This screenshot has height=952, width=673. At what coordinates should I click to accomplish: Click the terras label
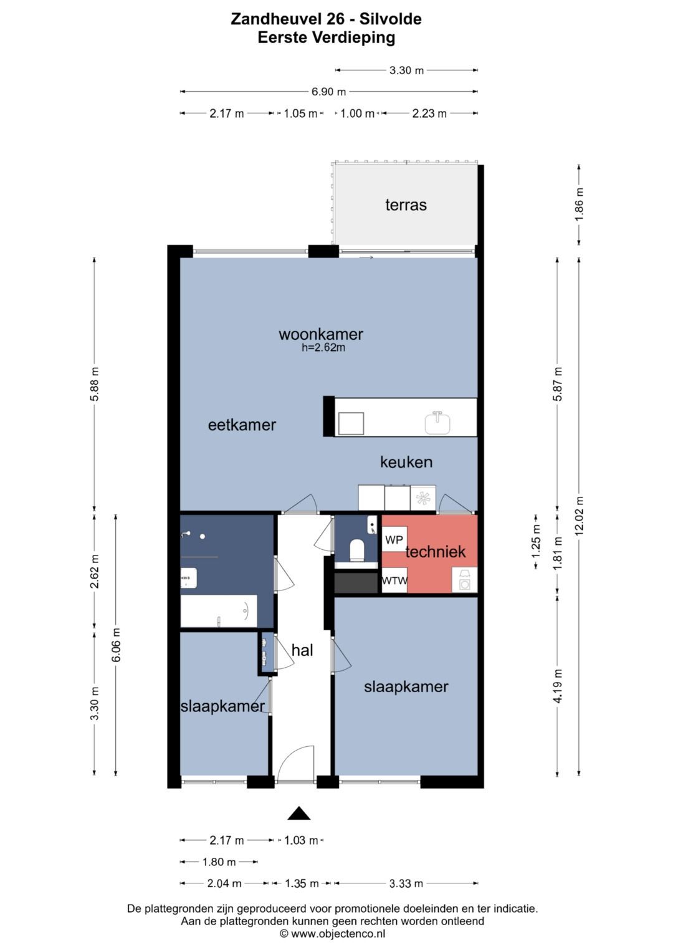tap(406, 205)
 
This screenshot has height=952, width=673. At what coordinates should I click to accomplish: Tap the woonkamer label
tap(321, 334)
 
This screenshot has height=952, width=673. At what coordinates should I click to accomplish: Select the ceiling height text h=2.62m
tap(323, 348)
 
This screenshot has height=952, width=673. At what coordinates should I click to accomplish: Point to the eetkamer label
tap(242, 425)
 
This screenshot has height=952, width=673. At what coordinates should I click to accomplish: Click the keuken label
tap(406, 462)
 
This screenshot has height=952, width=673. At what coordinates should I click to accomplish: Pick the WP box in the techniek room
tap(394, 539)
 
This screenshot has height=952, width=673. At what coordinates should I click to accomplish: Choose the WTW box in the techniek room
tap(394, 580)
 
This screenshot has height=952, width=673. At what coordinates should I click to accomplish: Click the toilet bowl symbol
tap(356, 551)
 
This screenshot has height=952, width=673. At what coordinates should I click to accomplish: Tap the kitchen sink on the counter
tap(437, 423)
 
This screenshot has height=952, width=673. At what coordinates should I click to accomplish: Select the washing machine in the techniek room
tap(464, 580)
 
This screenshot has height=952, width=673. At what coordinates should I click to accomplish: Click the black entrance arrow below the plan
tap(298, 813)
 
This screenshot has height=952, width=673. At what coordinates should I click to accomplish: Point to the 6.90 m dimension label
tap(328, 92)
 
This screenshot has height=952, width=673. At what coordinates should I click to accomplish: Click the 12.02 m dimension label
tap(580, 516)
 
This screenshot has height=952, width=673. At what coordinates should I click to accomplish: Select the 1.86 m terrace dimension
tap(580, 204)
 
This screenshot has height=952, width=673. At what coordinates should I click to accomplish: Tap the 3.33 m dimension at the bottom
tap(406, 883)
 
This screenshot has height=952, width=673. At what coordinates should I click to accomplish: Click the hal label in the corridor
tap(302, 650)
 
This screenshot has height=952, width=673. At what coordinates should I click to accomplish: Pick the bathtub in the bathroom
tap(218, 611)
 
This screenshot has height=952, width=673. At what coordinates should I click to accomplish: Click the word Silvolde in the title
tap(391, 19)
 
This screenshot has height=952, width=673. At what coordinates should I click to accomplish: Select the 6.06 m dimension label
tap(117, 645)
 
